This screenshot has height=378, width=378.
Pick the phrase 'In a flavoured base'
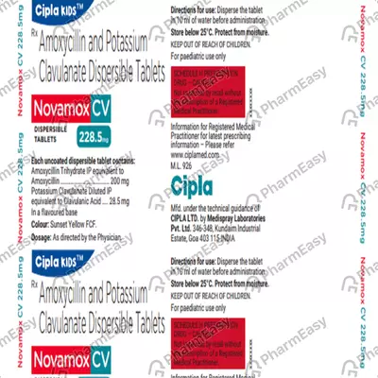tap(60, 205)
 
